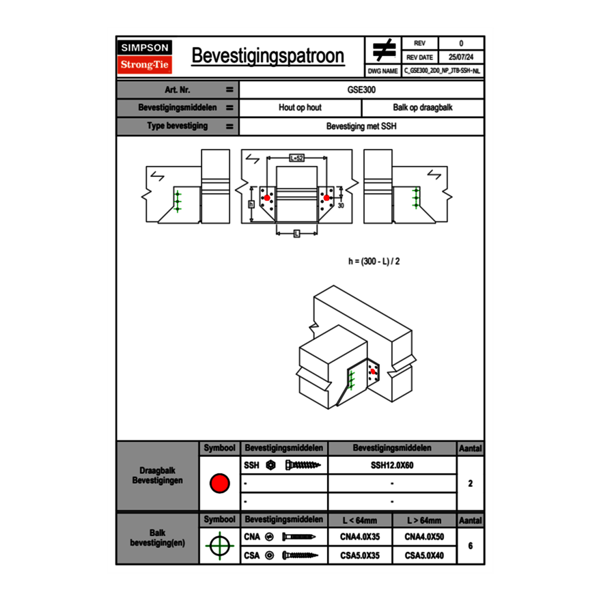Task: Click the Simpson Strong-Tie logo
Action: [x=145, y=57]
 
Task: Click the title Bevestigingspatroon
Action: [x=268, y=55]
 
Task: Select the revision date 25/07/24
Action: [x=461, y=57]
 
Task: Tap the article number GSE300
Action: [x=361, y=89]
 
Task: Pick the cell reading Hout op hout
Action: [x=300, y=108]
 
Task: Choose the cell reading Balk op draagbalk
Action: [x=423, y=108]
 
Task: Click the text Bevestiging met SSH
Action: [x=361, y=126]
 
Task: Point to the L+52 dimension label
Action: [x=296, y=158]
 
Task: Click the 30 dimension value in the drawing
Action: [x=341, y=206]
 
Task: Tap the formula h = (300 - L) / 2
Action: [x=374, y=262]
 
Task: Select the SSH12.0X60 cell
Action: [x=392, y=465]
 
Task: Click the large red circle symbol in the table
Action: [x=220, y=484]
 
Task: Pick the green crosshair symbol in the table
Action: [x=220, y=546]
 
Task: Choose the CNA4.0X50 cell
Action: [x=424, y=537]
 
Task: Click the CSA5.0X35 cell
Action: [x=360, y=555]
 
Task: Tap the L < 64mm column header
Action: [x=360, y=520]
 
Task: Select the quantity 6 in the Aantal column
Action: [x=471, y=546]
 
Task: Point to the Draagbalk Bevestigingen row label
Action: [x=158, y=475]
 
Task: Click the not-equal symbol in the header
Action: [x=384, y=50]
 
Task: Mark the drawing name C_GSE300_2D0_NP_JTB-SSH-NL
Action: [x=442, y=71]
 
